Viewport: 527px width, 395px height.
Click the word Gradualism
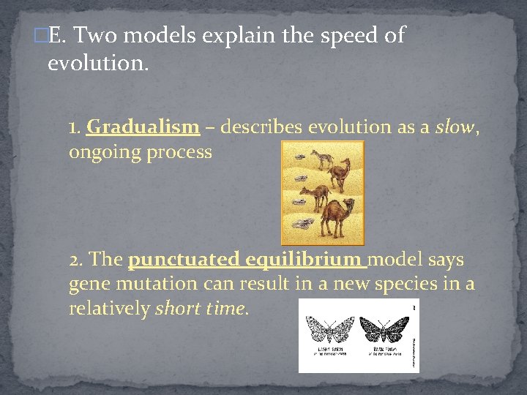pos(143,127)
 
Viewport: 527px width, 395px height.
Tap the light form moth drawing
pos(329,328)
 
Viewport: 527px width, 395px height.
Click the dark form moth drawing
pos(384,328)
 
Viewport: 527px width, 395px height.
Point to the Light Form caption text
pos(329,350)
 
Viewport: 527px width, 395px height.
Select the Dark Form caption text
pos(384,350)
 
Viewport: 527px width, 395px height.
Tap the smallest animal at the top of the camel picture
pos(322,157)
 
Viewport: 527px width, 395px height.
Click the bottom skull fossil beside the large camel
pos(302,224)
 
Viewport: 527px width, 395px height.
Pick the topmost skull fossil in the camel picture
pos(296,155)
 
